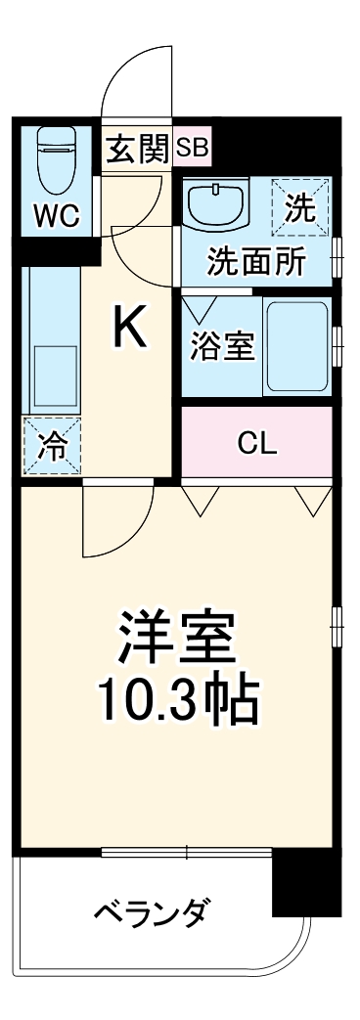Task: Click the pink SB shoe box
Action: [193, 150]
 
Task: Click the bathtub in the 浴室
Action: [297, 347]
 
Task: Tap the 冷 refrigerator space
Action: [52, 447]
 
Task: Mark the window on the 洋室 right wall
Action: [336, 624]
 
